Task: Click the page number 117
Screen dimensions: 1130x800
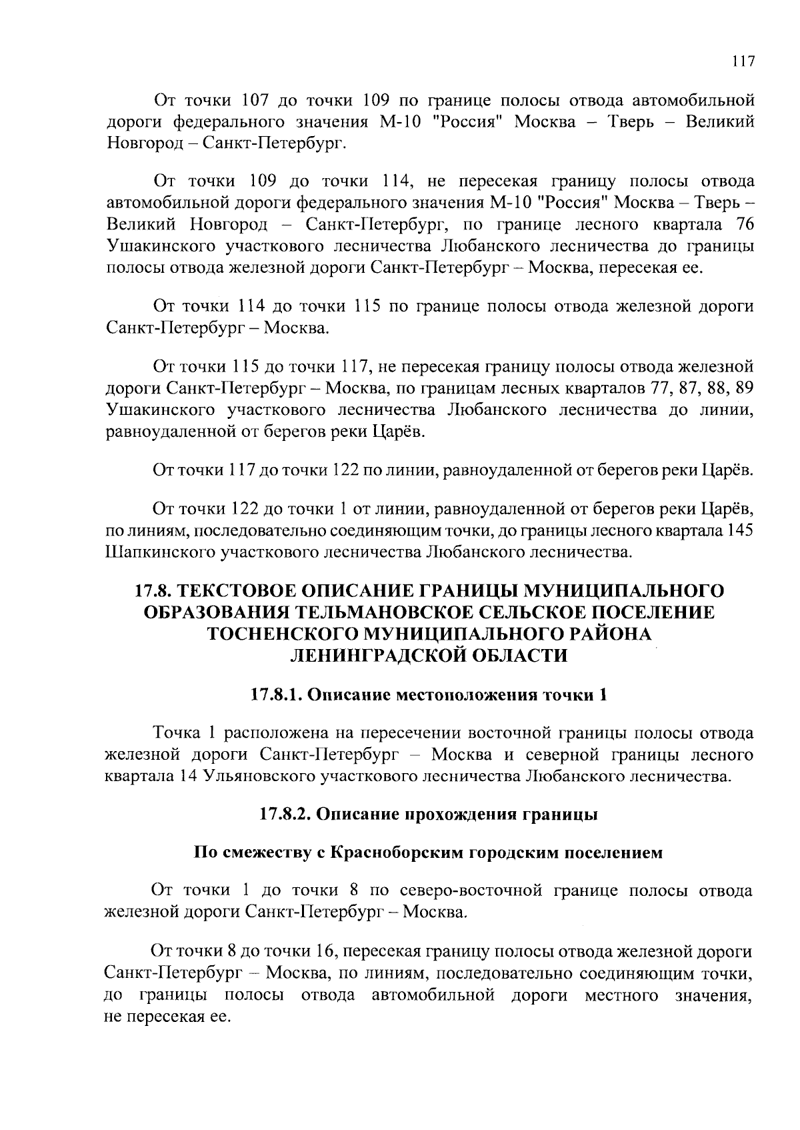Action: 743,62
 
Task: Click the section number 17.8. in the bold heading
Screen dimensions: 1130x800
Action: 155,591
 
